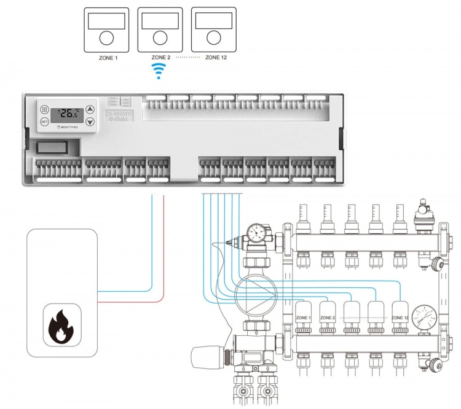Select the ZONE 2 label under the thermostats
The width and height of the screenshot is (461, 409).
(160, 56)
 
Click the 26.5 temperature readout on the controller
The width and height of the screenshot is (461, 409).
(67, 114)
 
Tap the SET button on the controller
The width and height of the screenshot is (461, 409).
(44, 122)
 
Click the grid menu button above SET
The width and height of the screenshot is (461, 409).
(44, 109)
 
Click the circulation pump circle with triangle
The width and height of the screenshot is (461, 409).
(253, 289)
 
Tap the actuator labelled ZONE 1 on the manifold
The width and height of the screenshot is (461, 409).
(304, 316)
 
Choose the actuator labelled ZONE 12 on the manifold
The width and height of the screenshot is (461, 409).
(400, 316)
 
